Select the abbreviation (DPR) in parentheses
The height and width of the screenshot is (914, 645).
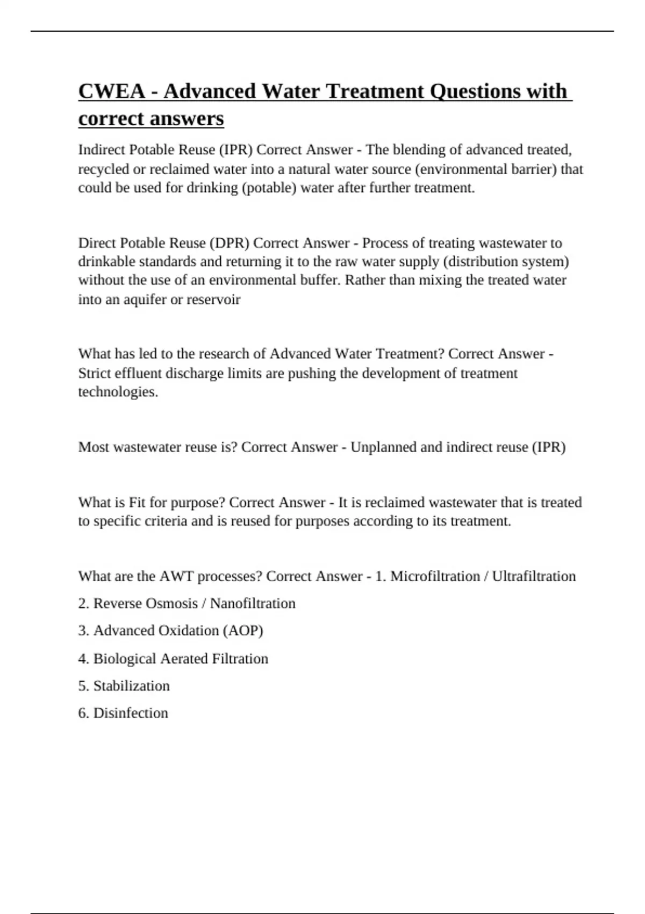click(x=229, y=243)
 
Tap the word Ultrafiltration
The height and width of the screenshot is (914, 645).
click(x=534, y=576)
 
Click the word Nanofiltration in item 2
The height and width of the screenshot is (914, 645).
click(x=253, y=603)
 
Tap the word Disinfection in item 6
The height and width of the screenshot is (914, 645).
click(x=131, y=713)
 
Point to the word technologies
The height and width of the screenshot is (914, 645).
click(x=118, y=392)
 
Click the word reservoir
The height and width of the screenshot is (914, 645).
click(x=213, y=299)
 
